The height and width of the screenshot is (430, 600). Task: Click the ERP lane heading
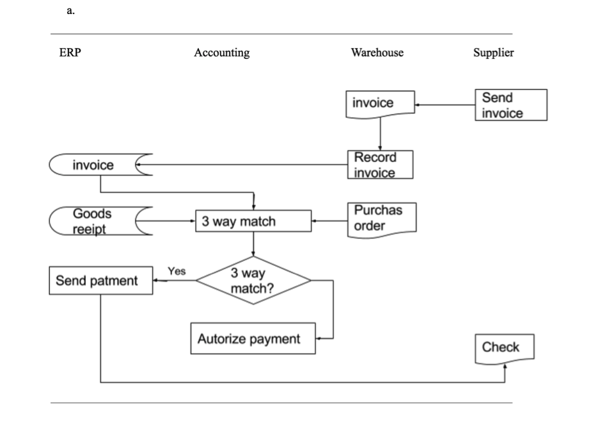tap(70, 53)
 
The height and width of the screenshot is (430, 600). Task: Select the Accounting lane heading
tap(221, 53)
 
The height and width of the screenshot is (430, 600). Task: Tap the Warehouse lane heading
tap(377, 53)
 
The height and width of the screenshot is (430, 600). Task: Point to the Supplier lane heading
tap(493, 53)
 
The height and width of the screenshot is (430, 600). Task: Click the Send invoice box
tap(510, 105)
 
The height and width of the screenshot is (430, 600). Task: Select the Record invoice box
tap(380, 165)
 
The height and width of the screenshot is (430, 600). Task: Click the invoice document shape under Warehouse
tap(380, 104)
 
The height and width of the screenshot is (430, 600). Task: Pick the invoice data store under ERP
tap(99, 165)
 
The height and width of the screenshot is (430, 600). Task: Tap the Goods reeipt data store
tap(99, 221)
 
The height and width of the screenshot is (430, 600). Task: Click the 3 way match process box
tap(253, 222)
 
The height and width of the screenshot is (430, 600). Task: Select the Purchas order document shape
tap(381, 219)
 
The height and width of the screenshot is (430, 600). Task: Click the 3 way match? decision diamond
tap(253, 281)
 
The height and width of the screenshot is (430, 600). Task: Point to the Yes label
tap(177, 271)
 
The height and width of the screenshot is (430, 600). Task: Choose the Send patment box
tap(101, 281)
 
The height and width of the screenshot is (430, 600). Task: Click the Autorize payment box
tap(253, 338)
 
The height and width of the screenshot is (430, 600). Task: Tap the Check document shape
tap(504, 348)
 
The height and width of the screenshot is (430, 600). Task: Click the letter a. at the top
tap(70, 10)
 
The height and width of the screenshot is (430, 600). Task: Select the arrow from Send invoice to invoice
tap(445, 104)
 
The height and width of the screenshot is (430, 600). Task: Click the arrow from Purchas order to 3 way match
tap(330, 222)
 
